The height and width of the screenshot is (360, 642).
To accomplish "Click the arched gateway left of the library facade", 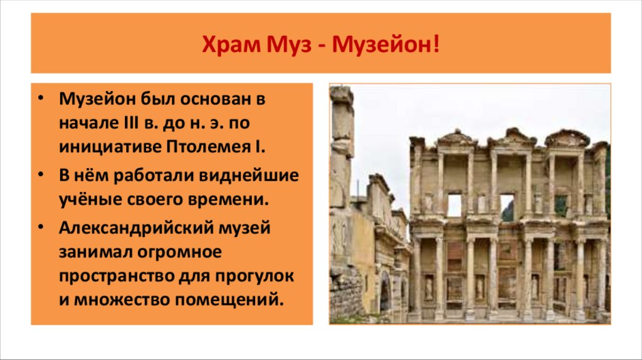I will pyautogui.click(x=385, y=292).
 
